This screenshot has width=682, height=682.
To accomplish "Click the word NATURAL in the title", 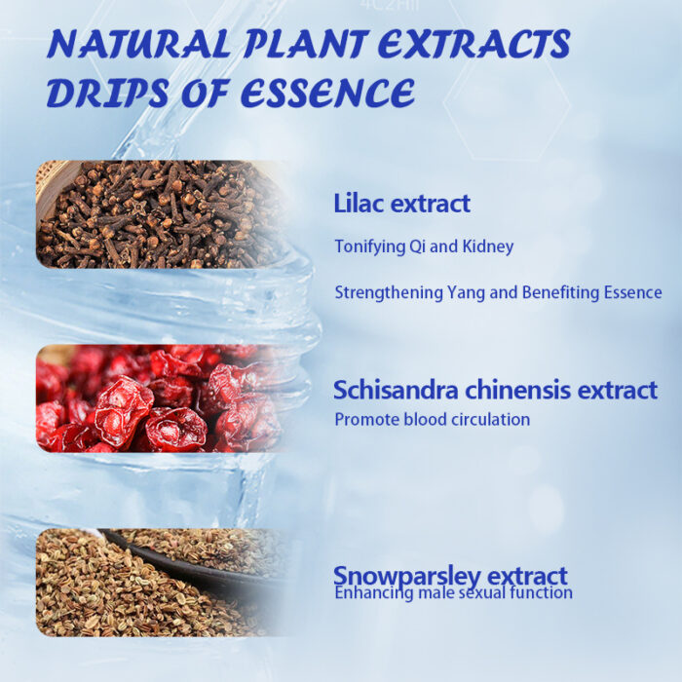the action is coord(137,44).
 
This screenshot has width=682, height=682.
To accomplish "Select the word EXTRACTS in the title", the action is coord(474,44).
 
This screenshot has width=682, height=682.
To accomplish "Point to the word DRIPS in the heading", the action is coord(107,93).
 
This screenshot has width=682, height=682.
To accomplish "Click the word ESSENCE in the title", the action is coord(327,93).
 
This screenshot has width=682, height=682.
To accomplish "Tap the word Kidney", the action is coord(487,247).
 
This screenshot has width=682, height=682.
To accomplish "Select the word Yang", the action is coord(466,292).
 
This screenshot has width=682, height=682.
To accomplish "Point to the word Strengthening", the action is coord(389,292).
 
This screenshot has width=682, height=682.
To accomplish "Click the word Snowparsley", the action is coord(407,577).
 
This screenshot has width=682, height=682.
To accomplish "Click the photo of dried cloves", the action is coord(161,214).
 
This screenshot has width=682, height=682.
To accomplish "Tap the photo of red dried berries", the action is coord(161,398).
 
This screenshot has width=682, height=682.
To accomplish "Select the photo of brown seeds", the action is coord(161,583).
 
